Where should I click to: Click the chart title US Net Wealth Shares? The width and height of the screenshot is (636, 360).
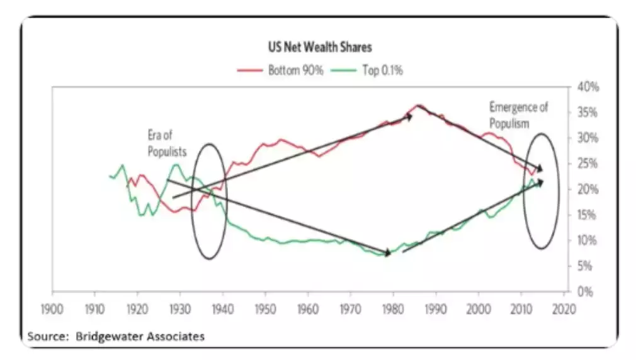317,48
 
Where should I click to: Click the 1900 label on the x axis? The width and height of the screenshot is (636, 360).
52,310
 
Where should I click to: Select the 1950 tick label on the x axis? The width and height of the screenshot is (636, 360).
265,310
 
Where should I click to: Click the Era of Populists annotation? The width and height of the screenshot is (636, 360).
167,143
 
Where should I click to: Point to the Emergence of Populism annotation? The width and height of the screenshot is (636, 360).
518,115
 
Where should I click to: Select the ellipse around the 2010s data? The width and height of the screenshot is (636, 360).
541,191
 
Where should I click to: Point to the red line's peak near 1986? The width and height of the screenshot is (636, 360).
419,105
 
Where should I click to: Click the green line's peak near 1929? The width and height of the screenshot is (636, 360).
176,165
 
